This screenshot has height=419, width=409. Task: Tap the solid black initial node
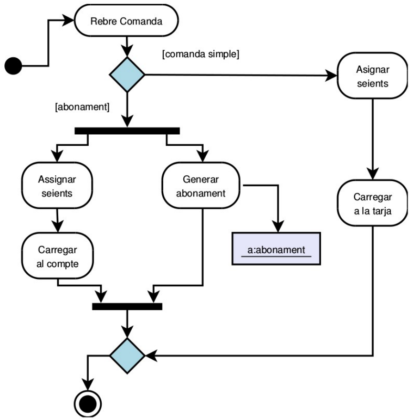[13, 65]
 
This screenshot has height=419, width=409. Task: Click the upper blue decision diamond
[127, 75]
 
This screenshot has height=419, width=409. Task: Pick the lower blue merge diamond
[127, 355]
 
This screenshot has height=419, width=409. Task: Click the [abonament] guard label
[82, 107]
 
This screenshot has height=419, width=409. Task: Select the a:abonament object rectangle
[276, 248]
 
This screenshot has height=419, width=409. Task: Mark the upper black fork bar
[127, 130]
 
